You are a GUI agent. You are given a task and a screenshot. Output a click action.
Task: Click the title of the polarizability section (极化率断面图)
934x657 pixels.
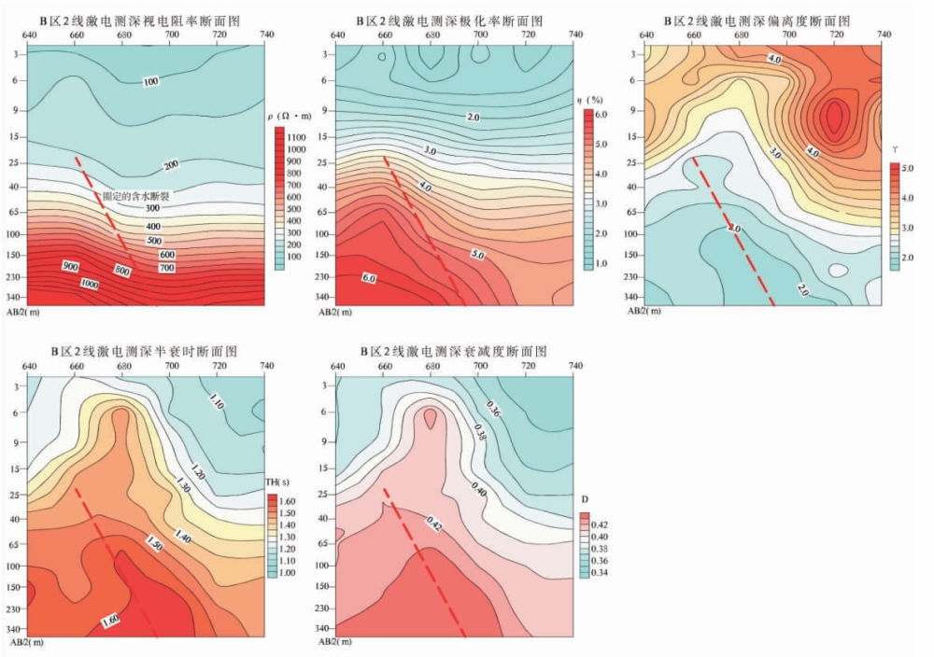448,21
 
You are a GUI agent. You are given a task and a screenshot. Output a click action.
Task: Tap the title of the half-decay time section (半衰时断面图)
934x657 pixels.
137,352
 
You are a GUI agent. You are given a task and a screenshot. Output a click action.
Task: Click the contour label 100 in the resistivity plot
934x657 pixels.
151,82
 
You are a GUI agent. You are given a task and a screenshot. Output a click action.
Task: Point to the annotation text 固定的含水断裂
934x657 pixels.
139,196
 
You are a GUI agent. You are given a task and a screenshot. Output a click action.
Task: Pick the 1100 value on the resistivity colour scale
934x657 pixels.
297,136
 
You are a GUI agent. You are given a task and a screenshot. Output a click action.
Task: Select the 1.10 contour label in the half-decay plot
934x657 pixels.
217,404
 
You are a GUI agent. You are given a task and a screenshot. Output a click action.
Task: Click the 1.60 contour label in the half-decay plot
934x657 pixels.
110,619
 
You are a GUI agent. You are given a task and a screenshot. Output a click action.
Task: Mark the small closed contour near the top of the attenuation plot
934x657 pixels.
430,418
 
